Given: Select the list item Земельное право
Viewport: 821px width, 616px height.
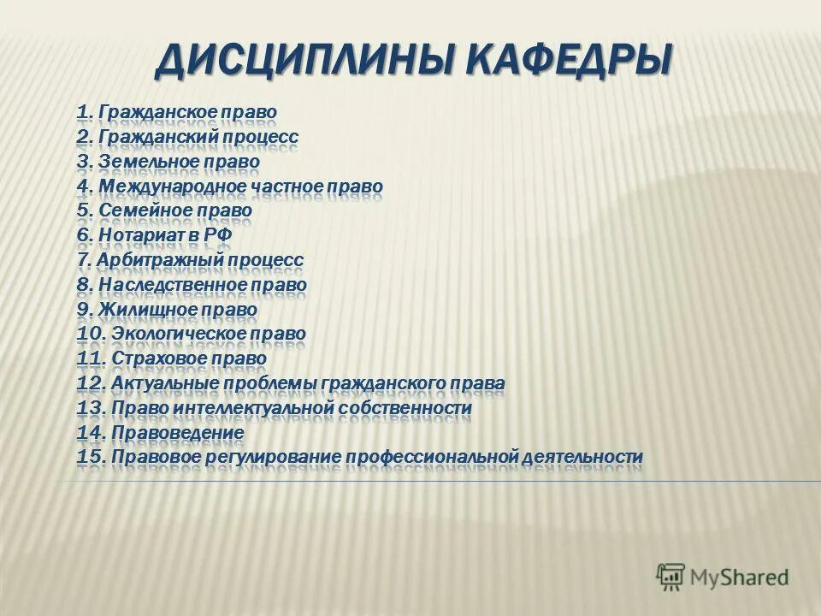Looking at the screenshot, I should tap(179, 161).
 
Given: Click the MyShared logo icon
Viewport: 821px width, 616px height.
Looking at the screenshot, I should tap(671, 577).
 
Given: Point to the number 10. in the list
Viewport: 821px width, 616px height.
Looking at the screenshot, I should tap(89, 334).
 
